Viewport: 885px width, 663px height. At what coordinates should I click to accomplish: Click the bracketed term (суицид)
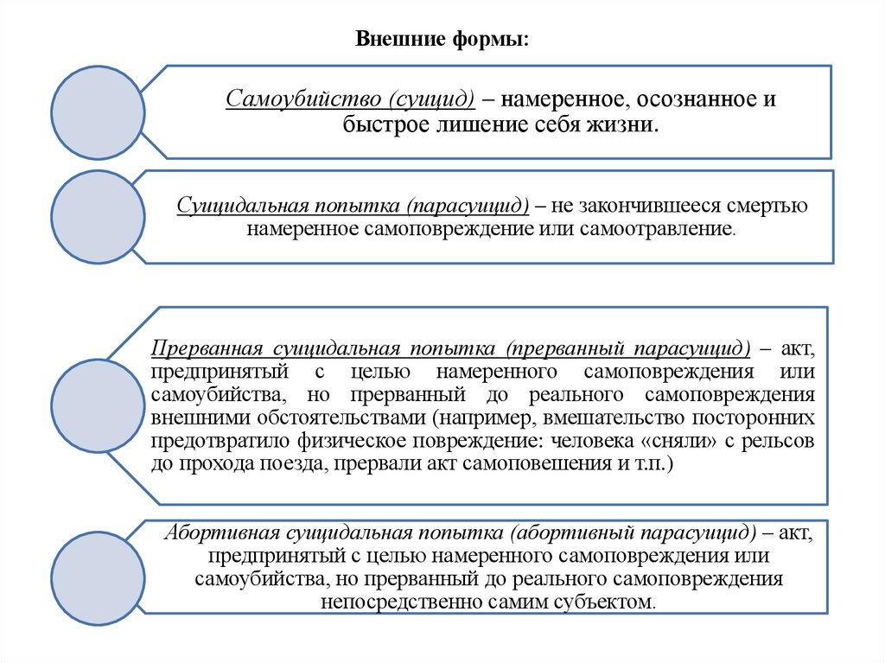433,99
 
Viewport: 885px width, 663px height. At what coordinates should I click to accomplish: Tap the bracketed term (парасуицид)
470,207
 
